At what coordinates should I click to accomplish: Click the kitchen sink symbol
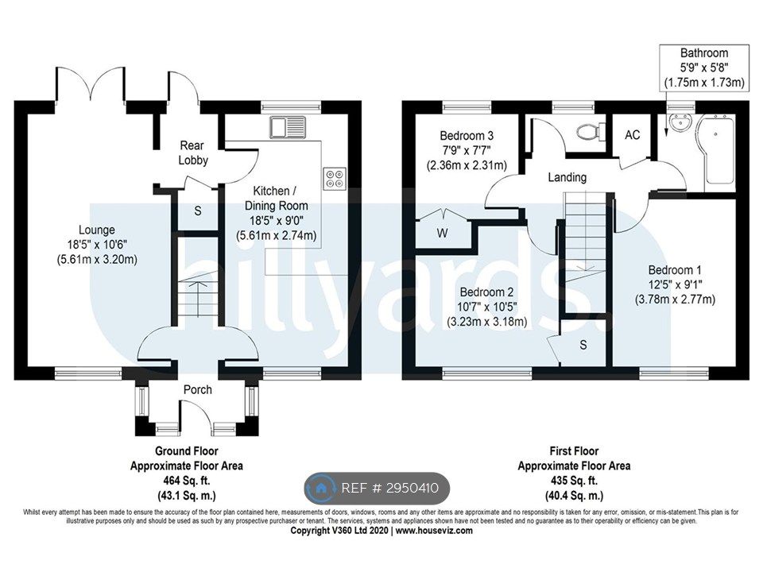(288, 127)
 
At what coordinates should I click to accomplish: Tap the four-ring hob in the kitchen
(335, 178)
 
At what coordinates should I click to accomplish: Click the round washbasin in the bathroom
(679, 122)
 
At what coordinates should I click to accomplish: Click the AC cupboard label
(632, 135)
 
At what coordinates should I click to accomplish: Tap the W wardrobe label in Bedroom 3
(442, 234)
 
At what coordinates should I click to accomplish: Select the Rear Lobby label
(193, 153)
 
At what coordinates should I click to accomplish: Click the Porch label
(198, 389)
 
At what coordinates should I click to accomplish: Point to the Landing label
(567, 177)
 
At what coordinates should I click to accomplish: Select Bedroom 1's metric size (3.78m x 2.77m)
(675, 300)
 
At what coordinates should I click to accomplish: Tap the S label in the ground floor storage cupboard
(198, 211)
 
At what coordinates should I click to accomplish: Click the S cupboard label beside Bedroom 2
(583, 345)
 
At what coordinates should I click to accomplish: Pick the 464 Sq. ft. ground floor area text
(186, 481)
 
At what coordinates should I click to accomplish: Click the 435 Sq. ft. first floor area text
(574, 481)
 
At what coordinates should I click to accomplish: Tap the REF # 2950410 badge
(377, 488)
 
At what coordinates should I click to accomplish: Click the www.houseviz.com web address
(434, 530)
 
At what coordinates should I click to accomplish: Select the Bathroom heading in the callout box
(703, 52)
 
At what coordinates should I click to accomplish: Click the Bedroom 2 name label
(486, 292)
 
